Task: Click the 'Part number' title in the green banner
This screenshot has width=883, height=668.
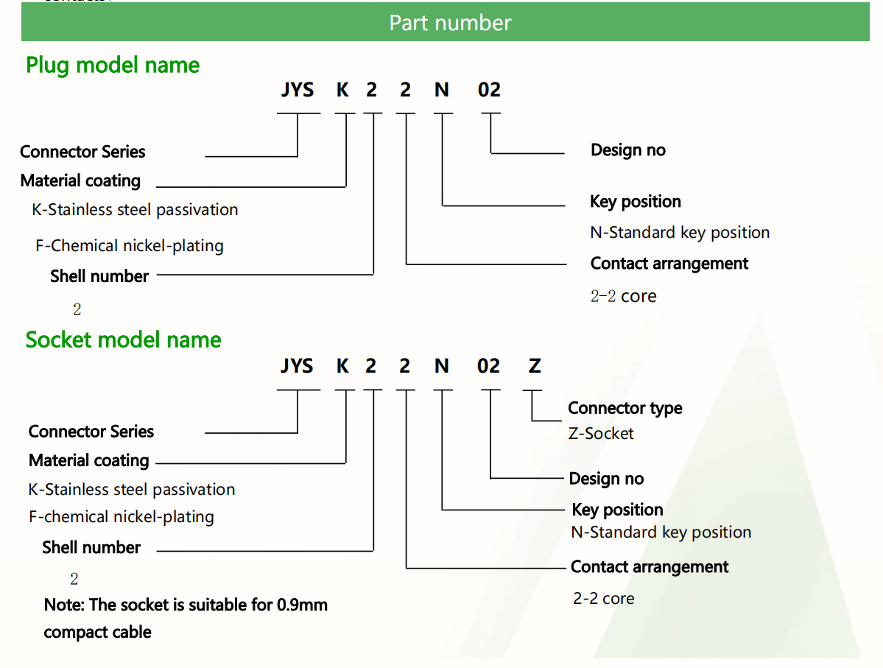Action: [450, 23]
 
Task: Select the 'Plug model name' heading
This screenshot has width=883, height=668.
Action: [113, 66]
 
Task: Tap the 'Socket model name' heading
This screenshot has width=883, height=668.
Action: [123, 340]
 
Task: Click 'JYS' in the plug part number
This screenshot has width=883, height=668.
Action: [298, 91]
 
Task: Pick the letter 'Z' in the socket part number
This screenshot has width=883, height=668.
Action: [535, 366]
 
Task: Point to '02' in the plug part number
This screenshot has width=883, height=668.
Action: [489, 91]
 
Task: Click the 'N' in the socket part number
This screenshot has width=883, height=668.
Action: [442, 366]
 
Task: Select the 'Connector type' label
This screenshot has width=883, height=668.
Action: [625, 408]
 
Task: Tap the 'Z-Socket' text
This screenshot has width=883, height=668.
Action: [601, 433]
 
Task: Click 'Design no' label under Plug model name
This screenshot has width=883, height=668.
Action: [627, 150]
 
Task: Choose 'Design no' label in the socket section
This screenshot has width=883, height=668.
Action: [606, 479]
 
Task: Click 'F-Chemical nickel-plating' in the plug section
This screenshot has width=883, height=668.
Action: [130, 245]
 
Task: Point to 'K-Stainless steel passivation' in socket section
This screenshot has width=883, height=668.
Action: [132, 490]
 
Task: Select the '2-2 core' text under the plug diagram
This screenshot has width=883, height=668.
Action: [623, 296]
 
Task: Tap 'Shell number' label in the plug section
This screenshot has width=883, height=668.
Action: [99, 276]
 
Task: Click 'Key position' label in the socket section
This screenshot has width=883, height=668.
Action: [617, 510]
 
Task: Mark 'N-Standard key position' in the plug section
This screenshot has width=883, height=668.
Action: [680, 233]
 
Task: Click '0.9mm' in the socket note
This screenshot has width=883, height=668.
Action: [302, 605]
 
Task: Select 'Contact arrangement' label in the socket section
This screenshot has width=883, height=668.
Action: [650, 567]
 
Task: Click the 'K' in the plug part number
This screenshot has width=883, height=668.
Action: [342, 91]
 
